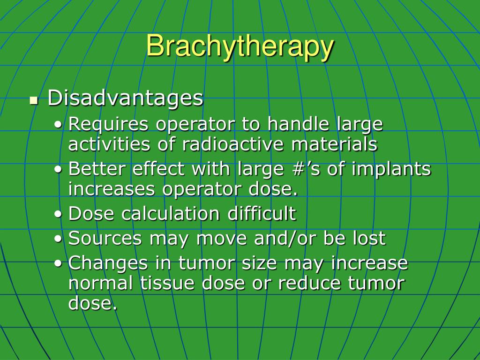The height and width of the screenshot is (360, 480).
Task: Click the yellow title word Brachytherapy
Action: coord(240,46)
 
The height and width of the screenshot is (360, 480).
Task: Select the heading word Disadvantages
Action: coord(126,98)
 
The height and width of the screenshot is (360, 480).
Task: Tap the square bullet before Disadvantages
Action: coord(34,100)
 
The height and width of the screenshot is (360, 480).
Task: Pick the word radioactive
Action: coord(233,144)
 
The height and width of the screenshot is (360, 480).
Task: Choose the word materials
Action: coord(334,144)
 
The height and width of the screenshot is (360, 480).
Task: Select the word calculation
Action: coord(171,213)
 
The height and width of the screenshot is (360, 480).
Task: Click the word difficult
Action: coord(262,213)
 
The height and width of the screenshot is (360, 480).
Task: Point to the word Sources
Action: coord(105,238)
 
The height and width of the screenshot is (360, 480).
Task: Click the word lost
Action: coord(369,238)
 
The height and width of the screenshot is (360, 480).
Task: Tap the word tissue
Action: coord(167,283)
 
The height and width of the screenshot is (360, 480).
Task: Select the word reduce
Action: coord(309,283)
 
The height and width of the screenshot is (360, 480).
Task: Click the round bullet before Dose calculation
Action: coord(58,214)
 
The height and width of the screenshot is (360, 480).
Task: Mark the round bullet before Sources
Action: coord(58,239)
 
